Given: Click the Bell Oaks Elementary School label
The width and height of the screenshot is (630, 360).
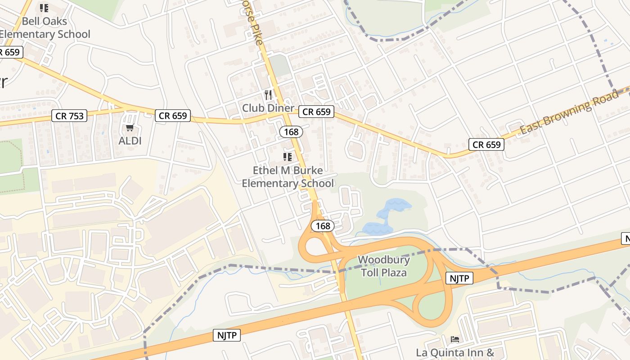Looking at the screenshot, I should pyautogui.click(x=44, y=27).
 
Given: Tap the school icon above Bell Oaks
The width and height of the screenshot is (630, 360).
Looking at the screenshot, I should pyautogui.click(x=44, y=8).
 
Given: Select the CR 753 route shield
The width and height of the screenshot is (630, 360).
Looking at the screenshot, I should pyautogui.click(x=69, y=116).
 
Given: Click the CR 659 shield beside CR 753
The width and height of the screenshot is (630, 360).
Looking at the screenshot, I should pyautogui.click(x=173, y=116).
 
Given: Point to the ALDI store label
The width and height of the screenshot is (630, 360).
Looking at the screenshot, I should pyautogui.click(x=130, y=141).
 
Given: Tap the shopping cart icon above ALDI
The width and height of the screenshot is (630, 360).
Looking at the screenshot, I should pyautogui.click(x=130, y=128).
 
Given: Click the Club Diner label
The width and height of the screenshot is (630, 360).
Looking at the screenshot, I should pyautogui.click(x=268, y=108).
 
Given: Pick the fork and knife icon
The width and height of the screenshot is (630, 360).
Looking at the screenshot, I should pyautogui.click(x=268, y=94).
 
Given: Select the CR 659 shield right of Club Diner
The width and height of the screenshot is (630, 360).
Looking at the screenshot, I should pyautogui.click(x=316, y=112).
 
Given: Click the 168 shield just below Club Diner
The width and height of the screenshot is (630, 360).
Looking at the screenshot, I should pyautogui.click(x=291, y=132).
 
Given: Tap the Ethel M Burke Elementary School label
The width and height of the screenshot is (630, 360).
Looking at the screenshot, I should pyautogui.click(x=288, y=177).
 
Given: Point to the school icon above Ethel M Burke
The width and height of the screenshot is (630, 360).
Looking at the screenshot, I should pyautogui.click(x=287, y=157).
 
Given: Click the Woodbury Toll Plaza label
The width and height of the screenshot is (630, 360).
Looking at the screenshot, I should pyautogui.click(x=384, y=266).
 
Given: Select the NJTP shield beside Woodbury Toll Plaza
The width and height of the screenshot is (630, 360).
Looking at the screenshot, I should pyautogui.click(x=459, y=279).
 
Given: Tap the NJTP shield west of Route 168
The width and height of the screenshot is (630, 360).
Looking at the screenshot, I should pyautogui.click(x=227, y=335).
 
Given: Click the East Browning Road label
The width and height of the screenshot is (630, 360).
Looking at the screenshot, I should pyautogui.click(x=569, y=112).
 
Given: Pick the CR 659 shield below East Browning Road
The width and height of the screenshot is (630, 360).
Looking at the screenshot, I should pyautogui.click(x=486, y=144).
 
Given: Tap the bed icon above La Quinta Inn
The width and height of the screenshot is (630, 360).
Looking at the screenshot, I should pyautogui.click(x=455, y=339).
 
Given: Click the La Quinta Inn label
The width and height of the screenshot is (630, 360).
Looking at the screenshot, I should pyautogui.click(x=455, y=352).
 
